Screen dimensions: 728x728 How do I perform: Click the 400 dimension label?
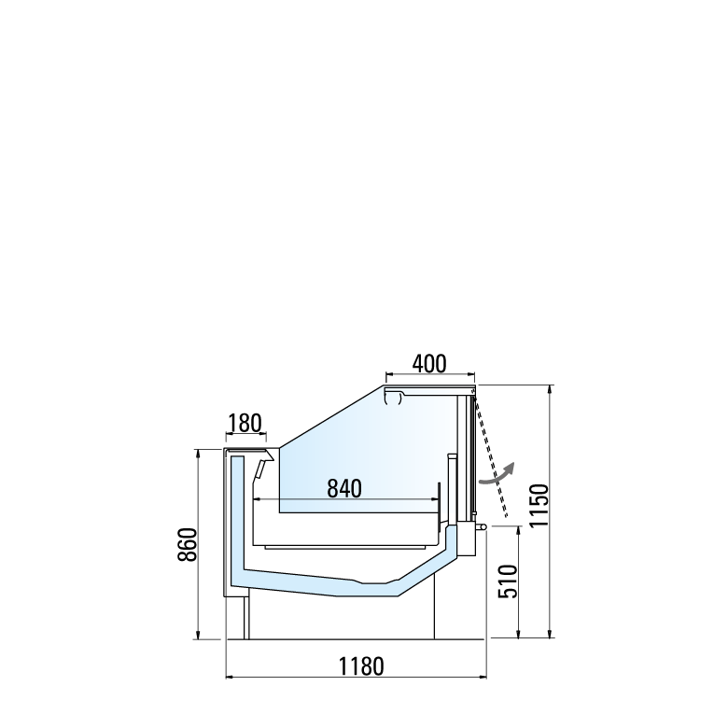(429, 364)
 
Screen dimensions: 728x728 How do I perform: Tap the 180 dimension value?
(245, 423)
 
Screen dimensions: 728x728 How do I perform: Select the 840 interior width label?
(344, 488)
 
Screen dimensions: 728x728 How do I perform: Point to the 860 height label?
(188, 545)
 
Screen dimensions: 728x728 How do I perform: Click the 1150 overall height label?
(539, 505)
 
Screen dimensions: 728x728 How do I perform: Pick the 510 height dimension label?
(508, 581)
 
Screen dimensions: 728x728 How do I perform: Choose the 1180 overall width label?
(362, 666)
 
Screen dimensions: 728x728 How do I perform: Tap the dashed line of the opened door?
(490, 455)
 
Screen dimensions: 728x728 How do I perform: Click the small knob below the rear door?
(482, 527)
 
